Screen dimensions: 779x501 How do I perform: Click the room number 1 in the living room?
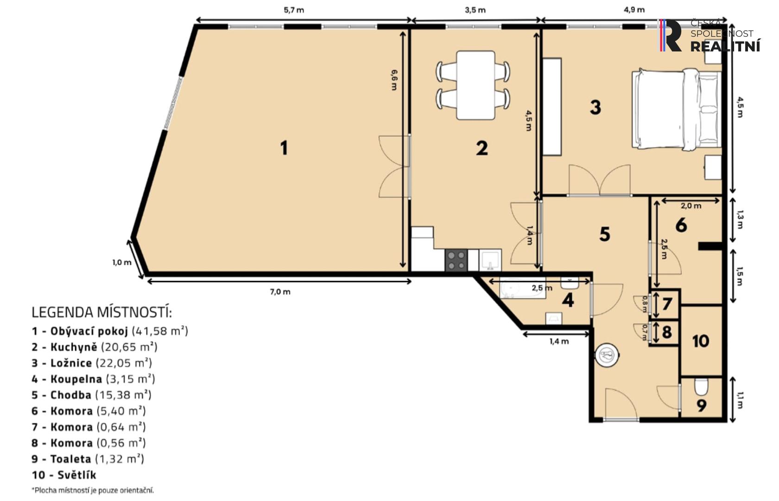(284, 148)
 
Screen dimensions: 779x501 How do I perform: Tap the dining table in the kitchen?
(475, 85)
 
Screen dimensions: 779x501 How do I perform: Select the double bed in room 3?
(677, 109)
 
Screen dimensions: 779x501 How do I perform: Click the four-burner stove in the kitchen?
(456, 260)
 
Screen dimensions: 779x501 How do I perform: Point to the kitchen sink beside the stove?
(490, 260)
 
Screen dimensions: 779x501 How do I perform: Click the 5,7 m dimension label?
(294, 10)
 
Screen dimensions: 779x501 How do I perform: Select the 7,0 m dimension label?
(280, 292)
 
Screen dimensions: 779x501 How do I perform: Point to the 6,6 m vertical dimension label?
(394, 80)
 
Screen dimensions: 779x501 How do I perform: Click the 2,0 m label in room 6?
(691, 206)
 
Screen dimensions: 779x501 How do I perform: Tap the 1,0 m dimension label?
(122, 263)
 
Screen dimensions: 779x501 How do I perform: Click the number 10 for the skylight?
(700, 341)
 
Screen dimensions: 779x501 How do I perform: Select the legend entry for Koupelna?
(93, 379)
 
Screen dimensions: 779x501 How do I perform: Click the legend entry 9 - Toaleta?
(88, 459)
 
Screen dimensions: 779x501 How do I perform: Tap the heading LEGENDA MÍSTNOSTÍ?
(101, 312)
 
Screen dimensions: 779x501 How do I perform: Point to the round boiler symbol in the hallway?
(607, 355)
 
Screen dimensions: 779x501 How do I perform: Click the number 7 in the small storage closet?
(667, 304)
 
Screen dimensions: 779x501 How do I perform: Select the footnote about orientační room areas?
(93, 490)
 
